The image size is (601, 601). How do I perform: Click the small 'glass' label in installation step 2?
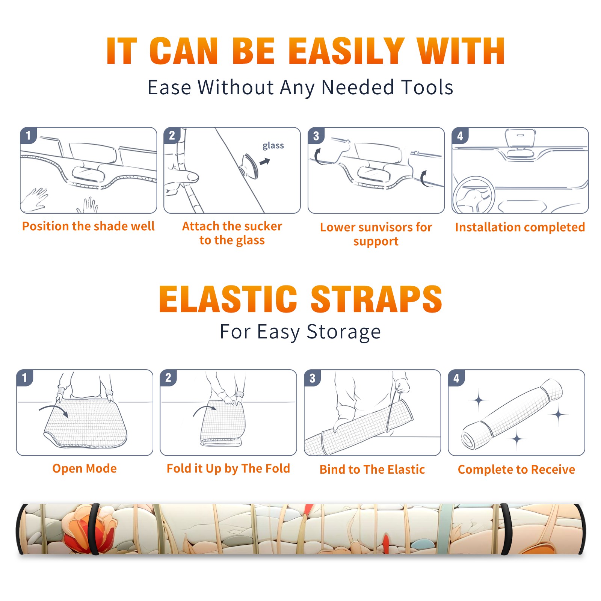pos(273,146)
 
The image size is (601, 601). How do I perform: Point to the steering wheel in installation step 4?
pos(474,195)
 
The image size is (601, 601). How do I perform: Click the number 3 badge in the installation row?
pos(316,136)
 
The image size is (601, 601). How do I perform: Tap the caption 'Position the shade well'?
pos(88,226)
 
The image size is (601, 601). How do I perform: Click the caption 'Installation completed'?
pos(520,227)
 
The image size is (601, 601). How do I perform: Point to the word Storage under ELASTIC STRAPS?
pos(344,332)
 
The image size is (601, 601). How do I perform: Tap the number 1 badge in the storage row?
pos(25,378)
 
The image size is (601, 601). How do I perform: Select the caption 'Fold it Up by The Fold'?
pos(228,468)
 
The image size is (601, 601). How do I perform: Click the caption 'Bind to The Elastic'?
pos(372,470)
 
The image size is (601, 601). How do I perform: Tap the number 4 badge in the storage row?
pos(456,378)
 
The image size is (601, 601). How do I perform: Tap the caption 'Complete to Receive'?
pos(516,470)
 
